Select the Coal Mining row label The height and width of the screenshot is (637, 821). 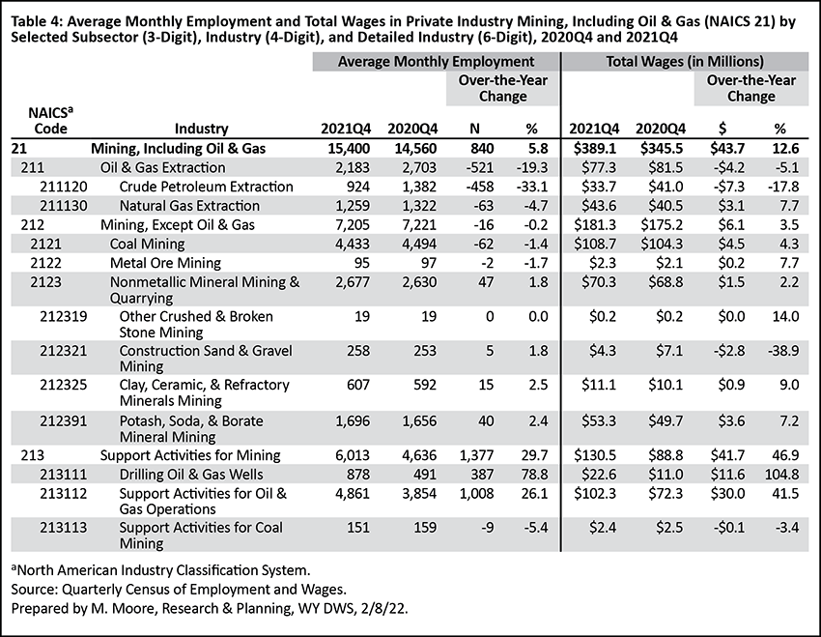click(x=147, y=245)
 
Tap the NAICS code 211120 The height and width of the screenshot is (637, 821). click(x=64, y=187)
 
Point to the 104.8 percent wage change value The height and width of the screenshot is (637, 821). click(x=781, y=475)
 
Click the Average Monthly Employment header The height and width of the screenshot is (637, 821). click(x=437, y=62)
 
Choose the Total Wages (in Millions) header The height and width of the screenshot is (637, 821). click(x=685, y=62)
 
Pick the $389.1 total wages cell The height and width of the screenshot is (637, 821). click(x=595, y=148)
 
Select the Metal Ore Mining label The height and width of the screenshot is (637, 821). click(x=165, y=263)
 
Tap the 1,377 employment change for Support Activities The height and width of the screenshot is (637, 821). click(x=475, y=455)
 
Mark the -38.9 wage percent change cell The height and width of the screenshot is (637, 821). click(x=783, y=351)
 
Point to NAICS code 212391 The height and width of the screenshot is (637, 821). click(x=64, y=421)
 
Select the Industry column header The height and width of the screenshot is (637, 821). click(x=201, y=129)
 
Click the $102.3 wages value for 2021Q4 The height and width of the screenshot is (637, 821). click(x=595, y=494)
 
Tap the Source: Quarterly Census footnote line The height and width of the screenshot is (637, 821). click(x=179, y=590)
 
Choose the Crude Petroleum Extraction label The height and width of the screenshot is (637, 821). click(x=207, y=187)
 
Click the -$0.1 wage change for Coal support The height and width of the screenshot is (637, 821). click(x=729, y=528)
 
